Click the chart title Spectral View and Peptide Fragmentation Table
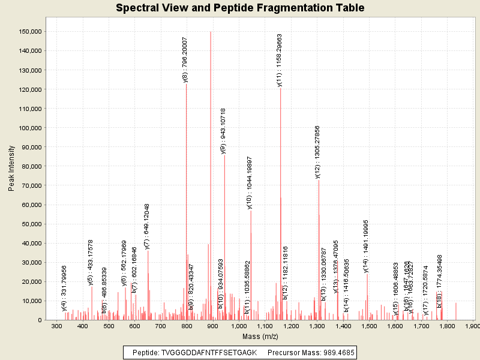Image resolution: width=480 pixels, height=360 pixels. [240, 8]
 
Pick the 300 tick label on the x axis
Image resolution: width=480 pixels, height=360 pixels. [56, 326]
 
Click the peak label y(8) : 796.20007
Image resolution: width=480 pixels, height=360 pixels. [185, 59]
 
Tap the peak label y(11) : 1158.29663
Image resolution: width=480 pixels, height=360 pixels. [280, 60]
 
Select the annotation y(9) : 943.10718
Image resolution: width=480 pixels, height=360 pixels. [223, 131]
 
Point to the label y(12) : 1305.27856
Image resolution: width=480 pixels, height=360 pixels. [318, 152]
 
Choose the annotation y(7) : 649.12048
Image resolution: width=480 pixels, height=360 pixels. [147, 226]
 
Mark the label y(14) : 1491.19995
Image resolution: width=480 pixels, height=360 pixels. [366, 246]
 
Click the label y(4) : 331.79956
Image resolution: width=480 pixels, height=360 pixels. [64, 288]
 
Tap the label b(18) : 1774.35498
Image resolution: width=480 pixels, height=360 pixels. [440, 281]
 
